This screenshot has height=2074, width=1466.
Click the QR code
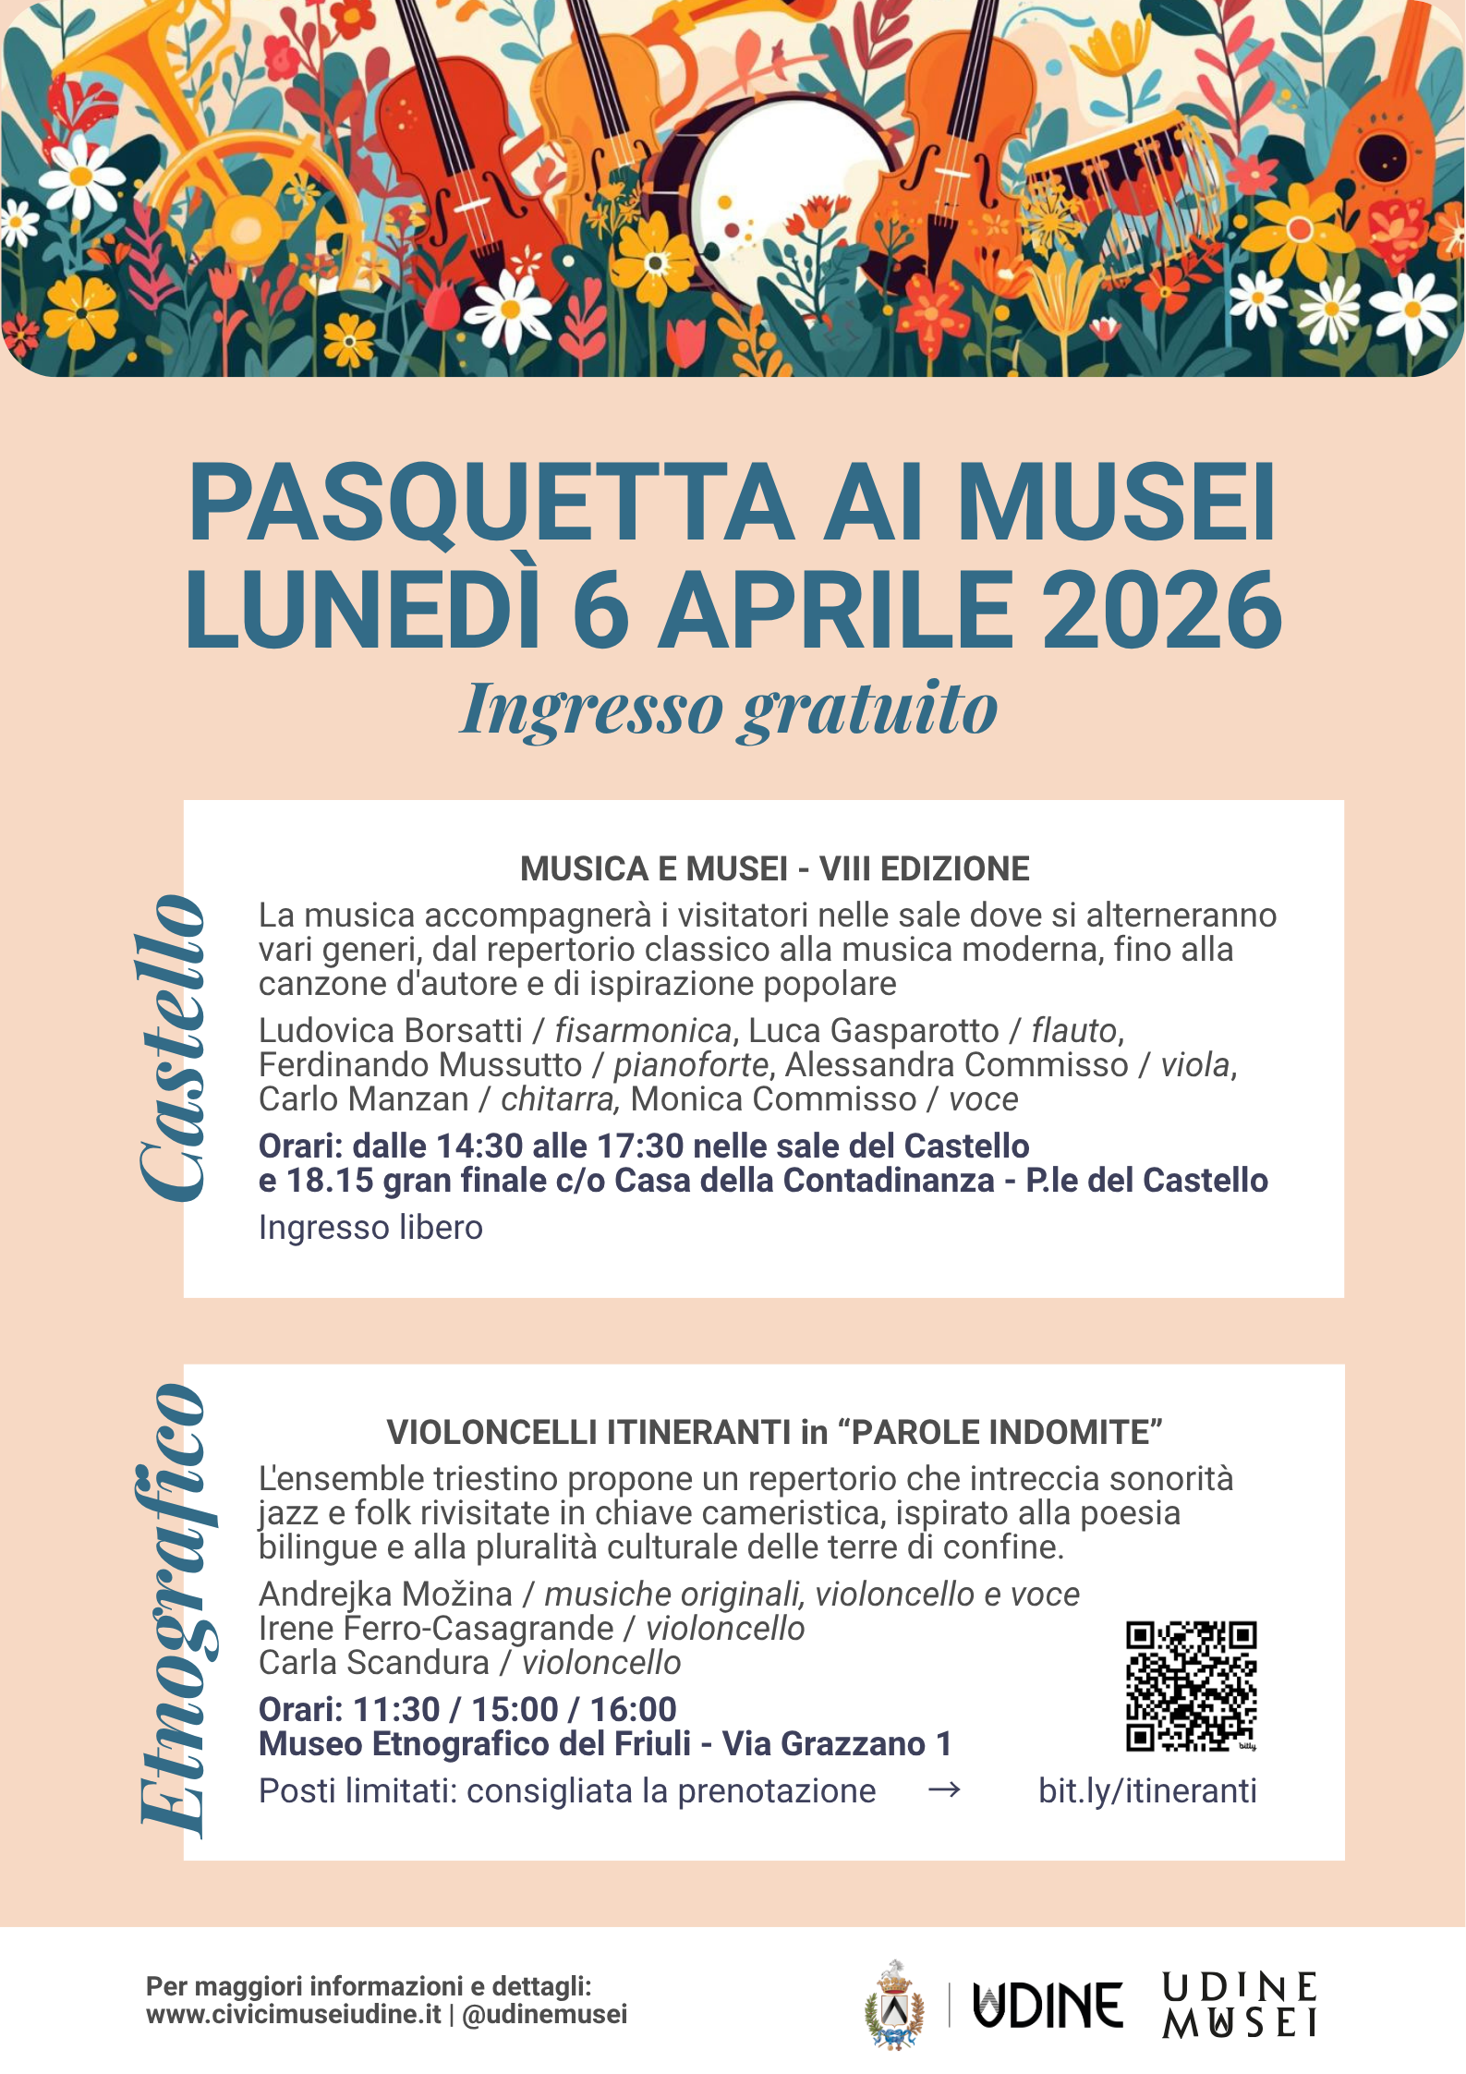pos(1191,1685)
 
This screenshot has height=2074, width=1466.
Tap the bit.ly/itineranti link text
pos(1147,1790)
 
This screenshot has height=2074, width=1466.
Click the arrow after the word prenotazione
pos(943,1790)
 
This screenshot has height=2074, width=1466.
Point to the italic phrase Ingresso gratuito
pos(729,710)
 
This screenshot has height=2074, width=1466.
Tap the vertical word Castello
pos(172,1048)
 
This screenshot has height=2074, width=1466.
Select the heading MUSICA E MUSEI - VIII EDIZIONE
pos(774,868)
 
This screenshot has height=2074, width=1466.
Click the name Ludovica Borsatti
pos(390,1030)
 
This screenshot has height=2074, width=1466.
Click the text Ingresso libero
pos(370,1227)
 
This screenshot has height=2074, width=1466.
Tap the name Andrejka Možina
pos(385,1594)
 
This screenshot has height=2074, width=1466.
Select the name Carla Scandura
pos(373,1662)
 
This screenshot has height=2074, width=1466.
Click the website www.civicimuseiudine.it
pos(294,2014)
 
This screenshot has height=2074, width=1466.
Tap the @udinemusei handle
pos(544,2014)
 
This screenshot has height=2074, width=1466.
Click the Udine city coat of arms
pos(893,2005)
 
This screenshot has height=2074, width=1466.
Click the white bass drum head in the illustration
pos(786,180)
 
